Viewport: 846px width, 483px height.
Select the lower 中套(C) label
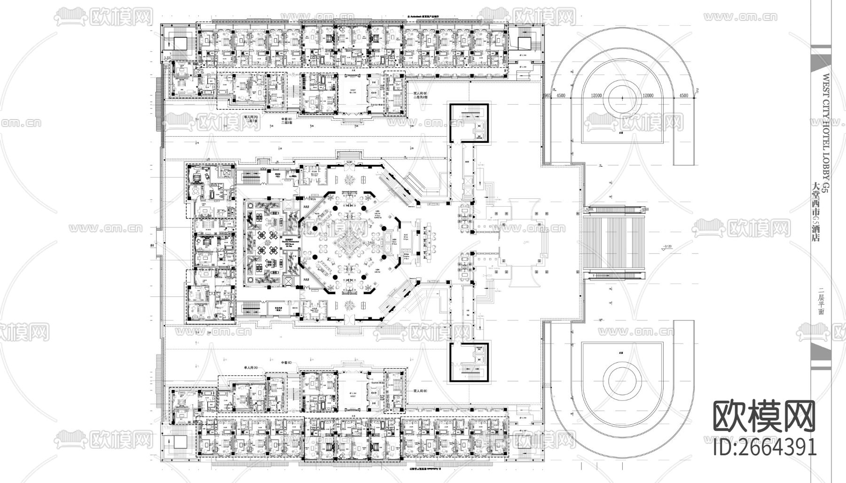tap(286, 363)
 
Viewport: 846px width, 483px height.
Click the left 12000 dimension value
tap(597, 95)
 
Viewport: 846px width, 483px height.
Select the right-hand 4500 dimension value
tap(683, 95)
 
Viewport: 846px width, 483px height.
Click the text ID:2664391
tap(765, 447)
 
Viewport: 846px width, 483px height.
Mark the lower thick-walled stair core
tap(470, 362)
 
